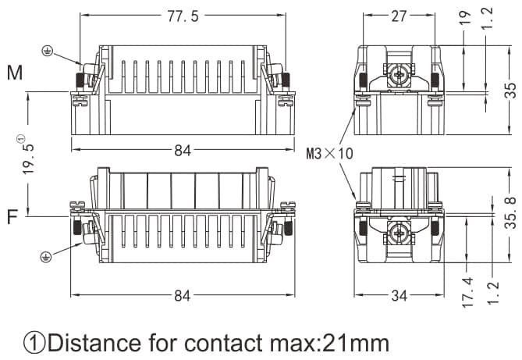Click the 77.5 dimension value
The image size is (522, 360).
183,16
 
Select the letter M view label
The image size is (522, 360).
14,74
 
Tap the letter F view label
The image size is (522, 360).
12,216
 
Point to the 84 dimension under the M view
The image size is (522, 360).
183,151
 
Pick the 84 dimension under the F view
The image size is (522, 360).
183,295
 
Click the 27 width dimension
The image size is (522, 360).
398,16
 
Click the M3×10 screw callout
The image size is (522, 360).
330,154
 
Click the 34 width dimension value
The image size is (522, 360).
398,295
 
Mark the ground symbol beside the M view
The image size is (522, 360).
47,52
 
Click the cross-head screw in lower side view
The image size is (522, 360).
399,231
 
